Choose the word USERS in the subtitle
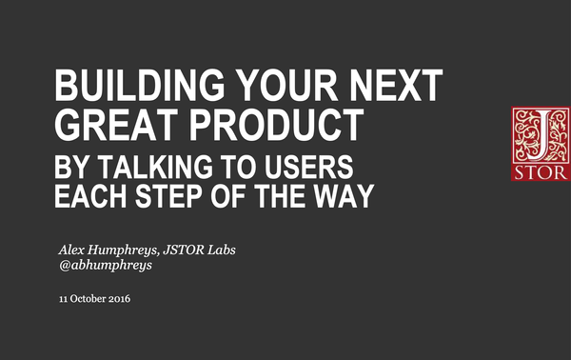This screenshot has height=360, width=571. pos(307,169)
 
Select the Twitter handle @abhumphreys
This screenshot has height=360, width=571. pos(105,266)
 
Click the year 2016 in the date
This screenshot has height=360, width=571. pos(118,299)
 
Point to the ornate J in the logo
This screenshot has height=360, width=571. pos(537,135)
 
